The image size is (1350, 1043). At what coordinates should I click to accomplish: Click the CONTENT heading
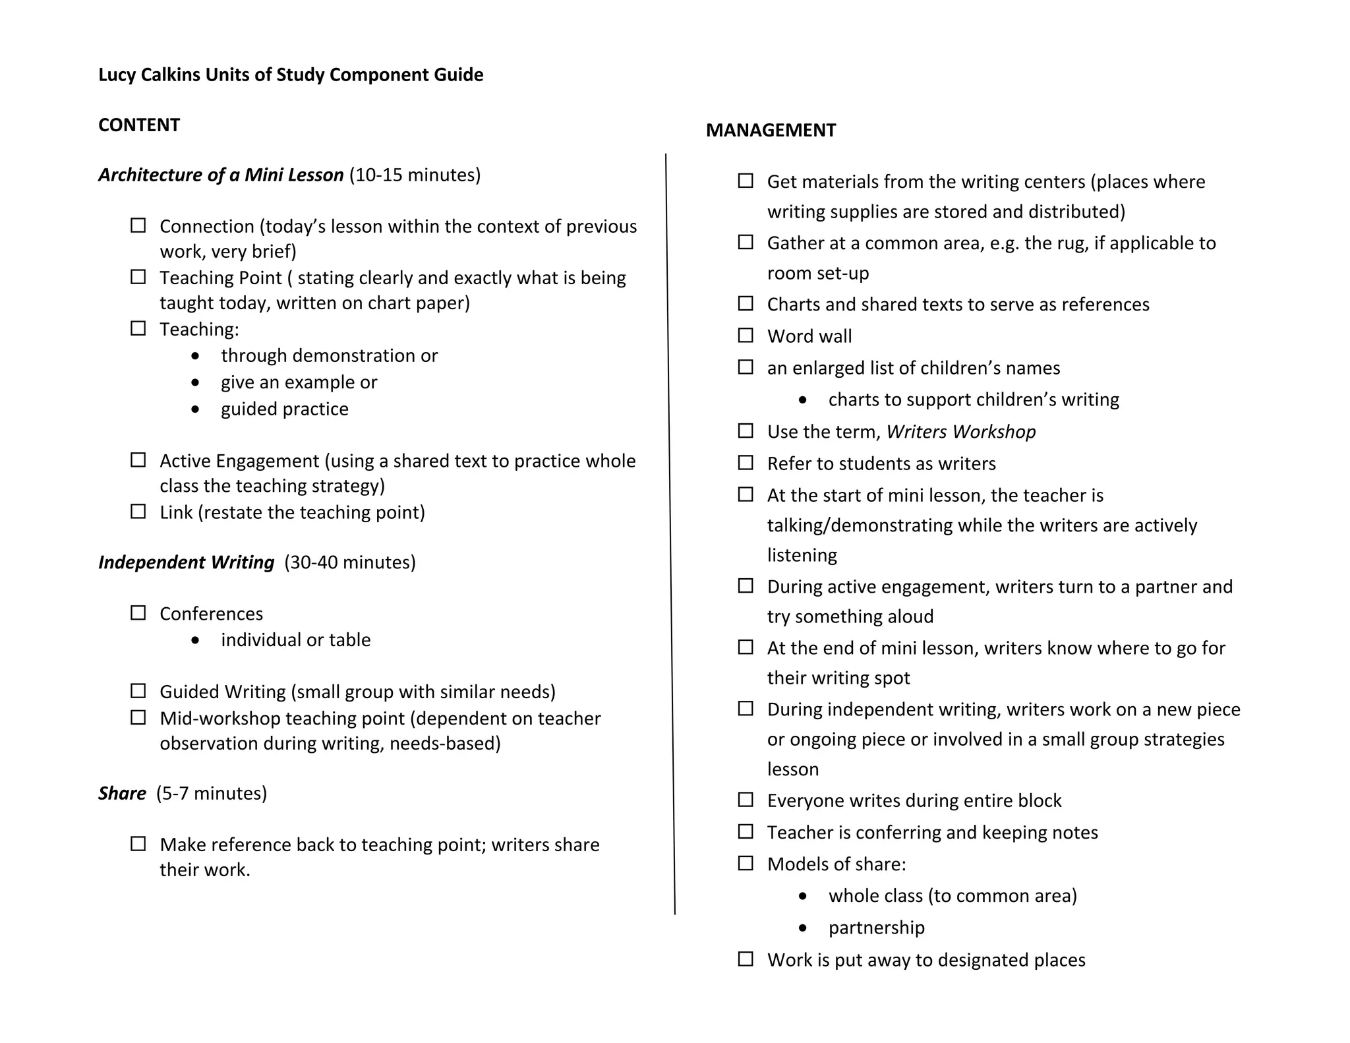138,125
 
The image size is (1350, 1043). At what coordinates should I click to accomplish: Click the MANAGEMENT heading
771,131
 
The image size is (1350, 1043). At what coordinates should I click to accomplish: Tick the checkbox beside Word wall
746,336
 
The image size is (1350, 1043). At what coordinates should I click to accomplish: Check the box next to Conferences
138,613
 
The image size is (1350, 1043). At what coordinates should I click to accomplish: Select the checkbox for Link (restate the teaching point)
138,512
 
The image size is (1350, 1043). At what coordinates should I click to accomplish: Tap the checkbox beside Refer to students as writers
746,463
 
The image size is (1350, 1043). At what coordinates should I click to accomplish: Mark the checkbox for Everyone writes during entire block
746,800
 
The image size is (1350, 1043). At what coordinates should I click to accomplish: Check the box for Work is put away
746,959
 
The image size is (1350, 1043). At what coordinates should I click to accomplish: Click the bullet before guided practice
195,409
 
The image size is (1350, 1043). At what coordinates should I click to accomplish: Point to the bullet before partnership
802,928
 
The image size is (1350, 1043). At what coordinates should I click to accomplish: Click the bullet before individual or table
195,640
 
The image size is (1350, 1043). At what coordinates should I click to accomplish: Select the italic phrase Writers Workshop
960,432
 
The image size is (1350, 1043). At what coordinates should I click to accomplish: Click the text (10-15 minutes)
415,175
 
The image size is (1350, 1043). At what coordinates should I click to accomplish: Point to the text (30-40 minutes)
350,562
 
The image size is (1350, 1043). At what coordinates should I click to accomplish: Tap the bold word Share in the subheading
122,793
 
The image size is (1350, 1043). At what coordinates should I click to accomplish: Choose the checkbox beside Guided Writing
138,691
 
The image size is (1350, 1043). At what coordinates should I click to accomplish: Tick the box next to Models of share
746,864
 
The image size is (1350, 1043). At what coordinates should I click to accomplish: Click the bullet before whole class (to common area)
802,896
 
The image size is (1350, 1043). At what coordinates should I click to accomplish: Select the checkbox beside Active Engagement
138,460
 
